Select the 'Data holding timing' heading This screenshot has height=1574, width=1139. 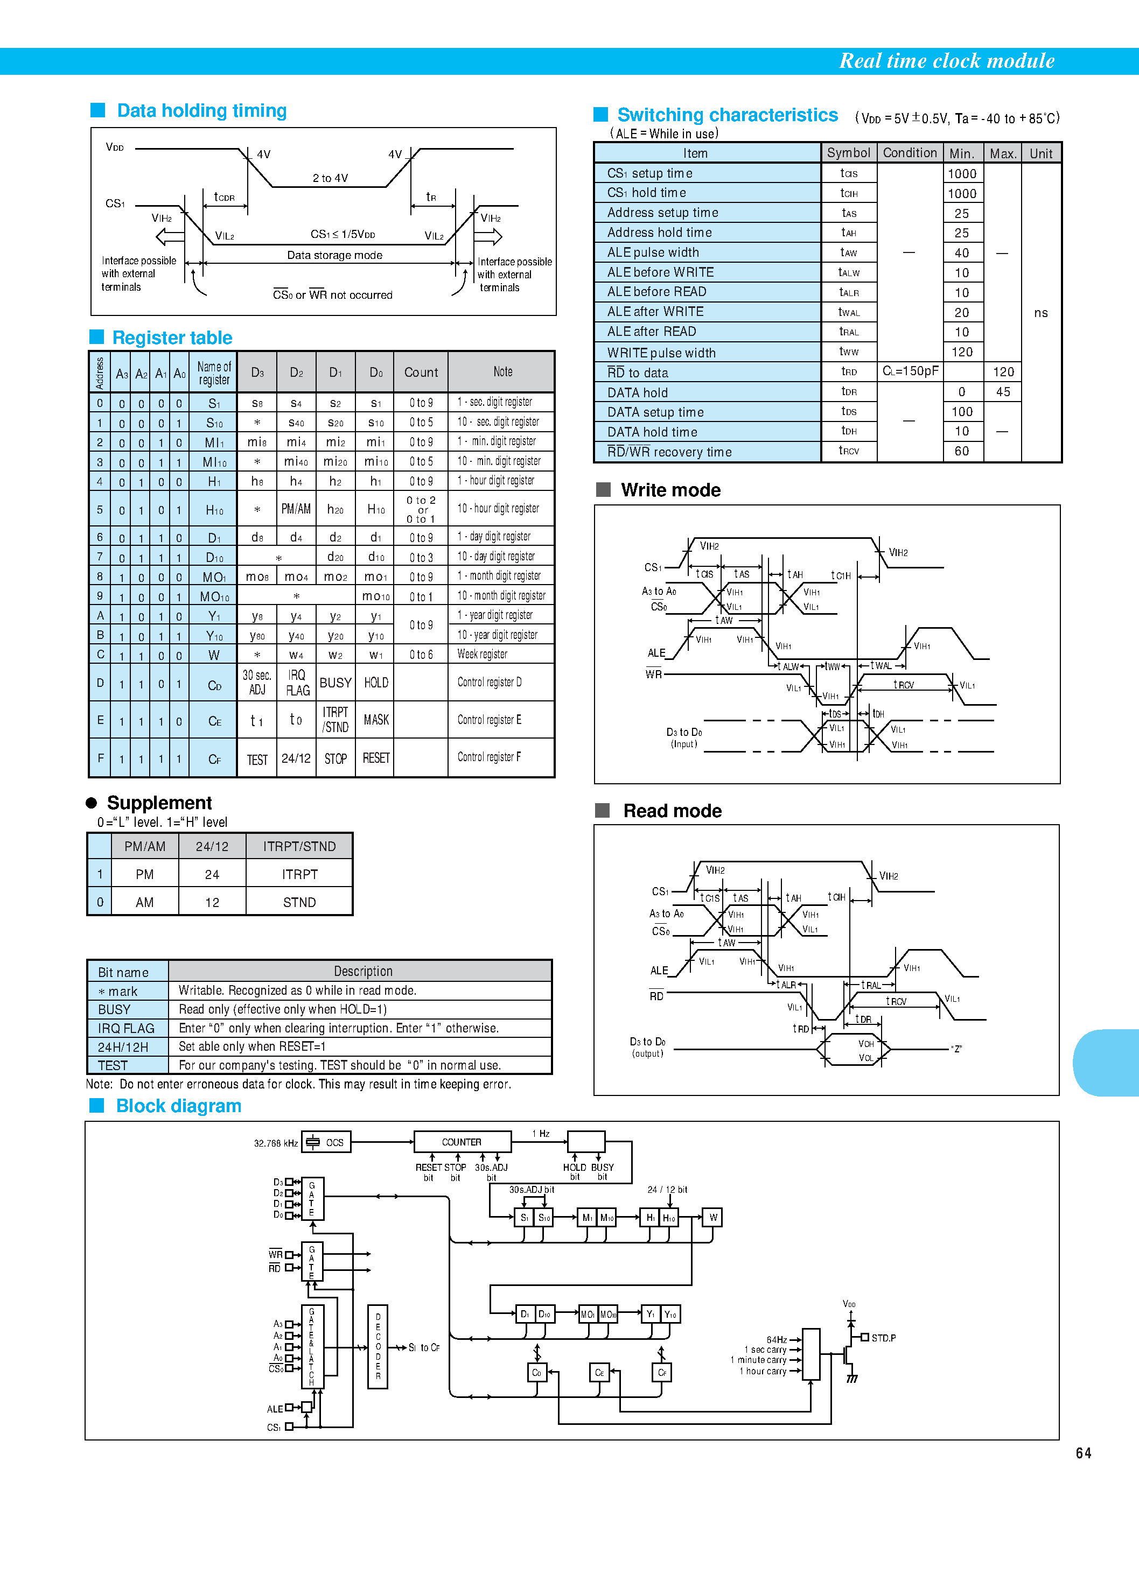coord(201,111)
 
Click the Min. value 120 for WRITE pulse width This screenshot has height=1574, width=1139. coord(962,352)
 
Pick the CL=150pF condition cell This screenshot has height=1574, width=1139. coord(910,371)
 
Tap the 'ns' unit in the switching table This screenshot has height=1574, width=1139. coord(1040,313)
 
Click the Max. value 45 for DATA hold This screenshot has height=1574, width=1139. coord(1002,392)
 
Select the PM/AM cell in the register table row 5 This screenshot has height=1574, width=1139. coord(296,509)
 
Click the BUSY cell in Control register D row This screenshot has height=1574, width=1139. coord(336,683)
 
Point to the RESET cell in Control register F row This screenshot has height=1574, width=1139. coord(376,758)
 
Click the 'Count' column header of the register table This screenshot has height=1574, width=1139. coord(421,373)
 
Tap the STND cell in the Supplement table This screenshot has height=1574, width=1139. coord(299,902)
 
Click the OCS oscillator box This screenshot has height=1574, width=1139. coord(326,1142)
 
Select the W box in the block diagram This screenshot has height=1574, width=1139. coord(712,1217)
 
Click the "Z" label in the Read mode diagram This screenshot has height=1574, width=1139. coord(956,1049)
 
